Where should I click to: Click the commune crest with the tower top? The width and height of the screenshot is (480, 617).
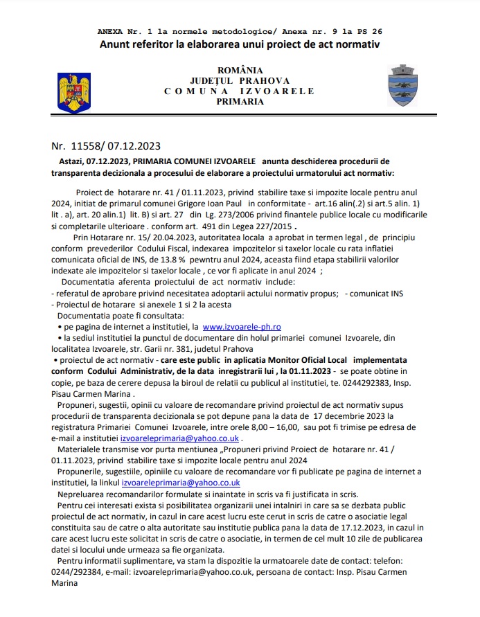click(x=404, y=85)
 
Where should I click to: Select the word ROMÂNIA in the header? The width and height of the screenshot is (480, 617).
click(x=240, y=71)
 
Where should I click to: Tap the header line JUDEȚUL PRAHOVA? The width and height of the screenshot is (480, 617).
click(x=240, y=81)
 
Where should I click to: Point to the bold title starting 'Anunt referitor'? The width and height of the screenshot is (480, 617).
click(x=240, y=44)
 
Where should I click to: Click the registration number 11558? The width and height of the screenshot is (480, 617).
click(x=87, y=146)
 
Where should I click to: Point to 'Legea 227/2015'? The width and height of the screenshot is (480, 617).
click(x=259, y=226)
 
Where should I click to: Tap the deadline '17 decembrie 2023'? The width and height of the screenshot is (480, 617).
click(x=353, y=415)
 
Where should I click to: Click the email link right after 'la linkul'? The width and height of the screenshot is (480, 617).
click(x=181, y=482)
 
